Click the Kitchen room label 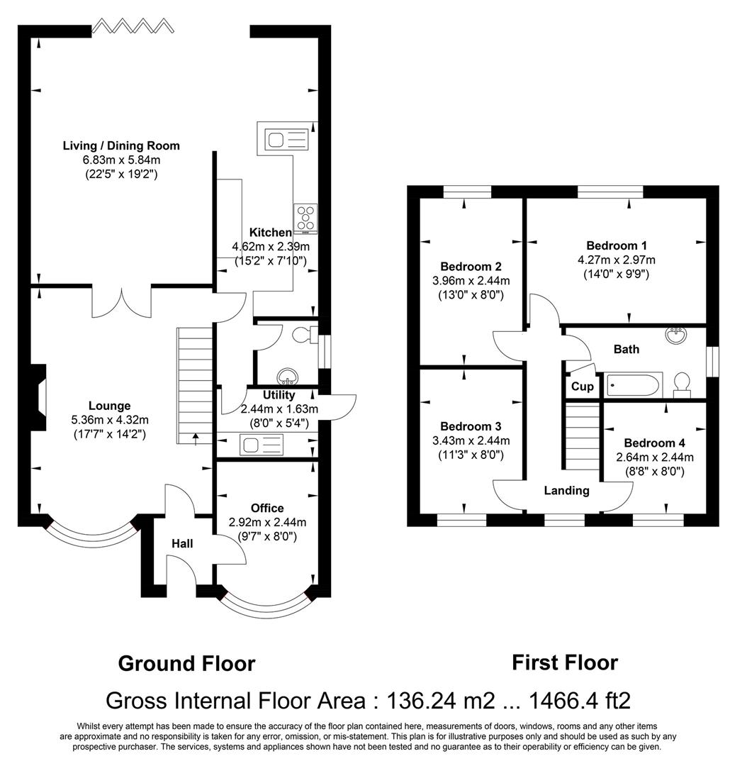coord(270,233)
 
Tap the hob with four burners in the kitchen coord(306,218)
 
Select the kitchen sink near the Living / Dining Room coord(286,137)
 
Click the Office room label coord(267,508)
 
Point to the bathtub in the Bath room coord(634,385)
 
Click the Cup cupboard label coord(582,387)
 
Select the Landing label coord(566,490)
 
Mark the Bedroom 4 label coord(654,443)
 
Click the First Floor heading coord(565,662)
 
